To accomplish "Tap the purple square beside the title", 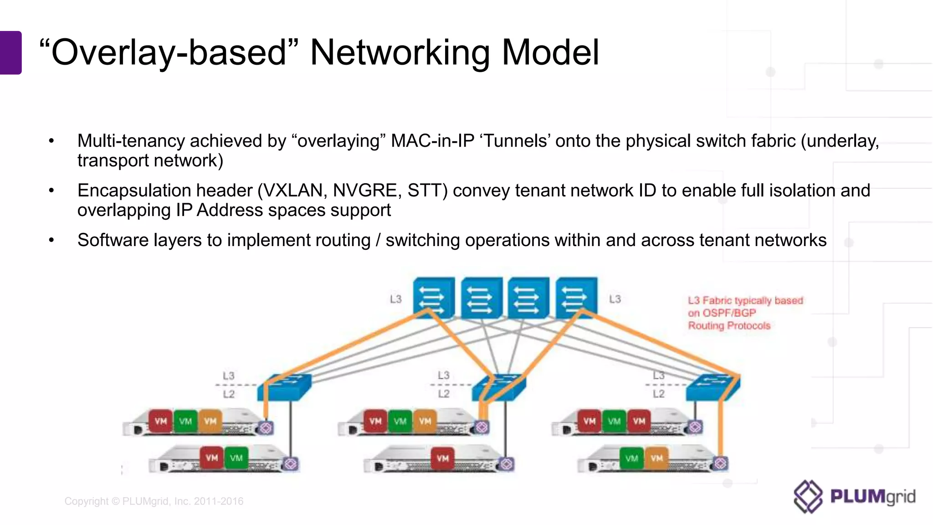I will click(x=10, y=52).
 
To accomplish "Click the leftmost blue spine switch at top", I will click(x=433, y=297).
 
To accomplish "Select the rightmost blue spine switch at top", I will click(x=576, y=297).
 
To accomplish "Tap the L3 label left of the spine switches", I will click(x=395, y=299).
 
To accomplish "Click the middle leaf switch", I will click(x=499, y=387).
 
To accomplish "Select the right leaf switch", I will click(x=713, y=387).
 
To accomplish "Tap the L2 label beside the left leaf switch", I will click(x=229, y=394).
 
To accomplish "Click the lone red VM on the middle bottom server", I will click(x=443, y=458).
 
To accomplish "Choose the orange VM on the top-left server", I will click(x=210, y=421).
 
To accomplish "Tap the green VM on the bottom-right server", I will click(x=631, y=458).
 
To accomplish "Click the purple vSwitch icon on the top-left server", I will click(x=266, y=428).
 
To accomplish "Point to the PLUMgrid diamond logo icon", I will click(x=808, y=496).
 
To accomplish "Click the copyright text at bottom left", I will click(x=154, y=501).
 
